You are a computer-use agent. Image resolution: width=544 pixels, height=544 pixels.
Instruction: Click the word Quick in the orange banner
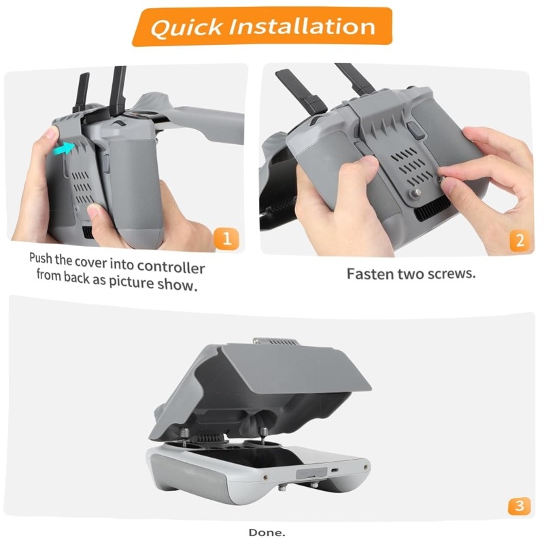click(x=186, y=27)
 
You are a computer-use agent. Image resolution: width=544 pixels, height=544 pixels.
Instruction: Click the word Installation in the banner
click(x=302, y=26)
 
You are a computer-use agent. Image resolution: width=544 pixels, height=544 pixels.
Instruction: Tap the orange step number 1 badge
click(x=226, y=239)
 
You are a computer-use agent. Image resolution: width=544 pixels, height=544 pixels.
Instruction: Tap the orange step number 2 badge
click(x=520, y=241)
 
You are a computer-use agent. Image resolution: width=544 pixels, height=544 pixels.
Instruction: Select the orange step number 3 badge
click(x=520, y=506)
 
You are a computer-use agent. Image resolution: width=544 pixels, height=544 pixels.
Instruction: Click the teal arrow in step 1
click(x=65, y=148)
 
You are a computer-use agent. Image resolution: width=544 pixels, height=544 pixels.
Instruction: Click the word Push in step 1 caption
click(x=41, y=258)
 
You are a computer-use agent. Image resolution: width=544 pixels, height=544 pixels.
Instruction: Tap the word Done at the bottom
click(x=267, y=532)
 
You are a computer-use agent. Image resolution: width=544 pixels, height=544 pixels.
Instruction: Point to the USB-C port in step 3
click(x=335, y=471)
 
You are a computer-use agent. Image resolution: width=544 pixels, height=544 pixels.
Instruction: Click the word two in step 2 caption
click(x=411, y=274)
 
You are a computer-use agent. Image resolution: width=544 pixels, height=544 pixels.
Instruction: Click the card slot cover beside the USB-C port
click(x=311, y=473)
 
